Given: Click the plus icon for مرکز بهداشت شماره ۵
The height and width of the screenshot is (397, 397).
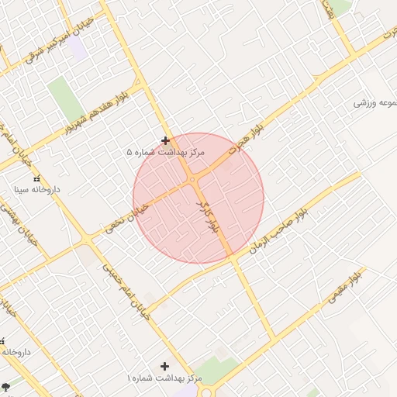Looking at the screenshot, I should click(x=165, y=140).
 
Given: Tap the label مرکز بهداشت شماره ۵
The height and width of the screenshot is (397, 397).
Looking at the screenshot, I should click(x=165, y=153).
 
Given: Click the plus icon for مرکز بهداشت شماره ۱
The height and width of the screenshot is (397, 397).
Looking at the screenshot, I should click(x=164, y=365).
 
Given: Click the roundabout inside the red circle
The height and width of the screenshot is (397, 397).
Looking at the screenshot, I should click(x=192, y=181).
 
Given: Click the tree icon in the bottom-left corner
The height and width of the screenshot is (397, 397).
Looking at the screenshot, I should click(x=5, y=385).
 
